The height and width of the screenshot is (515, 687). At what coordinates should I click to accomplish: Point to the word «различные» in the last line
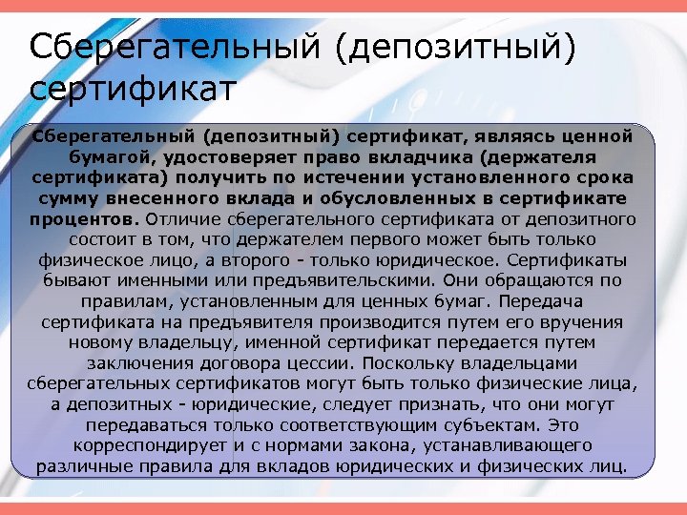click(x=80, y=466)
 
